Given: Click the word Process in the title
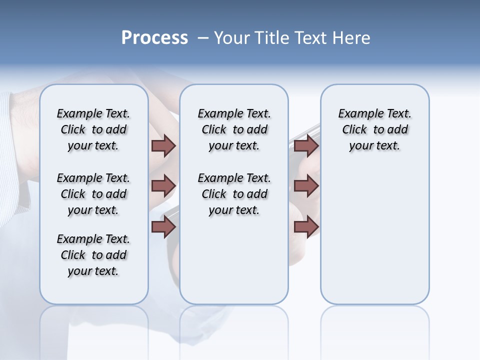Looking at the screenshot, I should [154, 38].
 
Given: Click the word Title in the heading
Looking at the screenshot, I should [271, 38].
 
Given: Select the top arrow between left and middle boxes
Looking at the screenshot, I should [163, 145].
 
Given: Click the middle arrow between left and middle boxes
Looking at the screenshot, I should [163, 186].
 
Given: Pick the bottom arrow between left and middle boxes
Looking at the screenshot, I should [163, 226].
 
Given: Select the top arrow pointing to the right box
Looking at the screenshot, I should [306, 145].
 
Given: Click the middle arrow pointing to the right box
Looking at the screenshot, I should [306, 186].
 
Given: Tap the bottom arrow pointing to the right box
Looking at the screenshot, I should [306, 226].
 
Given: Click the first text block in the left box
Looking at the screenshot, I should [93, 129].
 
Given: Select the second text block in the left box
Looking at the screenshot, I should [93, 194].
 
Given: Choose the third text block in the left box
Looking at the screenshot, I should [93, 255].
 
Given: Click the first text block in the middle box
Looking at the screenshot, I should [234, 129].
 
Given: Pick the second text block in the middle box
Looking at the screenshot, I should [234, 194].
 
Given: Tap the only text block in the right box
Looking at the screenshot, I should [374, 129].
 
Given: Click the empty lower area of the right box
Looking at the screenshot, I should [374, 240].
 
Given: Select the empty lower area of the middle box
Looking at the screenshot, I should [234, 260].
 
